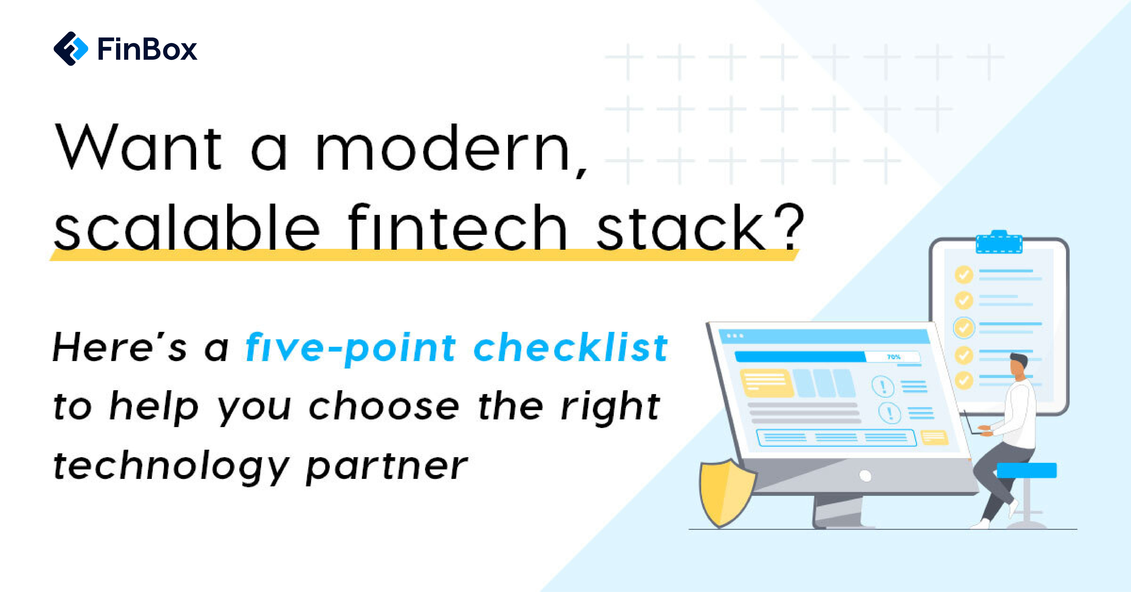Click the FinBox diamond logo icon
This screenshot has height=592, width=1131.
coord(71,49)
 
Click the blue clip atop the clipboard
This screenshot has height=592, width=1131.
coord(999,243)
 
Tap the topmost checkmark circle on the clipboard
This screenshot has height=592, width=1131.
coord(964,275)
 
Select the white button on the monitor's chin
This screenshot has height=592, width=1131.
coord(865,476)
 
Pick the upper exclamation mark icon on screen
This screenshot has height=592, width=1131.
coord(882,386)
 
